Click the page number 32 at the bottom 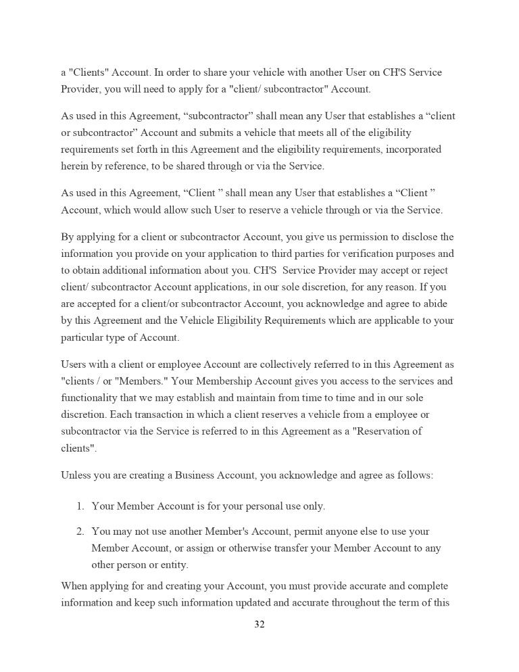click(259, 624)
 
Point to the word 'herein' click(75, 165)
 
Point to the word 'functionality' click(93, 397)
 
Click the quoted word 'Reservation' click(373, 431)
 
